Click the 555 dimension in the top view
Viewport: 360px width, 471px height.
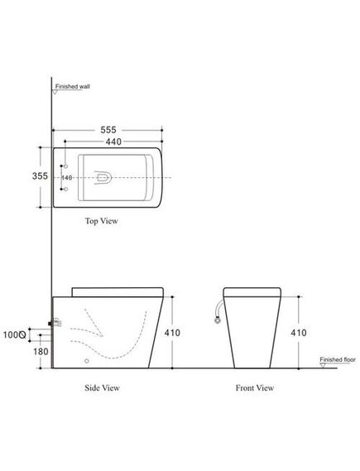[x=108, y=130]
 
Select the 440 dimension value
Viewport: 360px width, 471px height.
[x=113, y=142]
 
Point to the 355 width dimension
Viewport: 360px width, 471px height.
[x=40, y=175]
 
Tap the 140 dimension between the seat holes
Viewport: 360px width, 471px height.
[x=67, y=178]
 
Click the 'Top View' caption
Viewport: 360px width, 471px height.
[x=102, y=221]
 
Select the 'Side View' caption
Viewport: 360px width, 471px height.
[x=102, y=387]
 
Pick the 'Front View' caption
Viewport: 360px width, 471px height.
[x=255, y=387]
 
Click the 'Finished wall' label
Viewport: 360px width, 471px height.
[x=72, y=87]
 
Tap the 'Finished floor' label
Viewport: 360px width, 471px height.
[x=338, y=359]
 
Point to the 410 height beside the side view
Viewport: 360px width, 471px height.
[x=172, y=333]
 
